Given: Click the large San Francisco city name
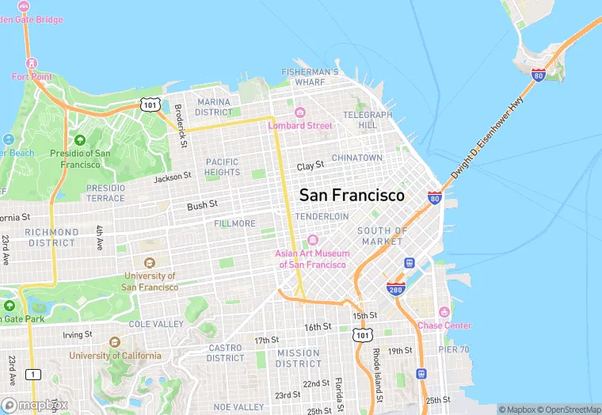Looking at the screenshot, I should click(352, 195).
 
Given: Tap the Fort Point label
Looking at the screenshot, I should click(31, 77).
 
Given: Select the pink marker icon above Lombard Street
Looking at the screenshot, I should click(300, 112).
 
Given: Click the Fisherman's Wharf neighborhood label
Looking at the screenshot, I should click(310, 77).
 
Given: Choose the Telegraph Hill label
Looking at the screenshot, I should click(368, 120).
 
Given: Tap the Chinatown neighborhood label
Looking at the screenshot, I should click(356, 158).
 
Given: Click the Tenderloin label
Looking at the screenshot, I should click(322, 216).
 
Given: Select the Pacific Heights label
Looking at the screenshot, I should click(222, 166).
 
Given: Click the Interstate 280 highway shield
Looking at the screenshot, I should click(396, 289).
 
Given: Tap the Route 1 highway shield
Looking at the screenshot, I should click(32, 374).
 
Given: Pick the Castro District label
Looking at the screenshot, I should click(226, 352).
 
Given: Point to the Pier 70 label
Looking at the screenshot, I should click(454, 349).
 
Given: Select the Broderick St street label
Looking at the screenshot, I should click(181, 126).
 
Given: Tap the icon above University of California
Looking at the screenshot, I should click(113, 342).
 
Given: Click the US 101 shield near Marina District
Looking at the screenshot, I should click(150, 104).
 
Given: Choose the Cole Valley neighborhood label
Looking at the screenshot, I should click(156, 325).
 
